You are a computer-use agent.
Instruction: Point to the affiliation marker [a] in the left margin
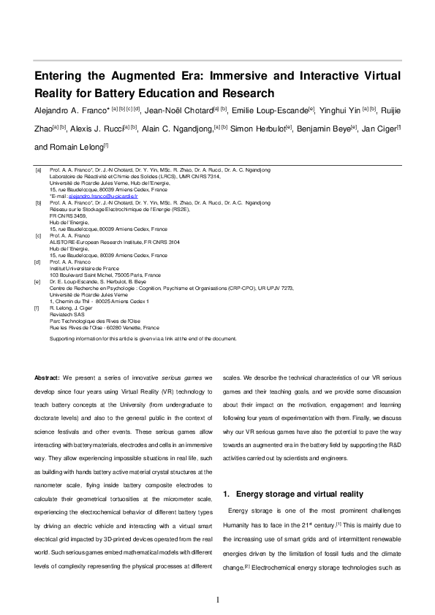tap(39, 169)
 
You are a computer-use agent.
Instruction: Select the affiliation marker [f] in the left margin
tap(39, 309)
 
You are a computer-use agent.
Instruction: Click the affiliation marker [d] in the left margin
tap(39, 261)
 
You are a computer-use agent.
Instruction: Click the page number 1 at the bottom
tap(217, 600)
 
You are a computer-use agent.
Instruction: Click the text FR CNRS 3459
tap(68, 215)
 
